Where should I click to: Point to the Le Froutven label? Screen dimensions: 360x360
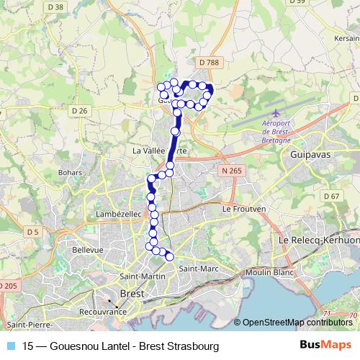(x=241, y=209)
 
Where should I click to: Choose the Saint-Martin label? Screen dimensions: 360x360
(x=140, y=276)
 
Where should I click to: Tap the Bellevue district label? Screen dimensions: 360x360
(x=89, y=249)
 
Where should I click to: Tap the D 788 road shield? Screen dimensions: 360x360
(x=211, y=63)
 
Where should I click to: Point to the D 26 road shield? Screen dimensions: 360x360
(x=79, y=110)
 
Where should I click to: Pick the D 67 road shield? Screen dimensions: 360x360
(x=331, y=196)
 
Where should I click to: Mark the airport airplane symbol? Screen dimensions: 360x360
(x=277, y=112)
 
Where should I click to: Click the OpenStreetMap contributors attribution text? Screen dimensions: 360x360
(x=297, y=322)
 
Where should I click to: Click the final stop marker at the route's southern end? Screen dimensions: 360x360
(x=170, y=256)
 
